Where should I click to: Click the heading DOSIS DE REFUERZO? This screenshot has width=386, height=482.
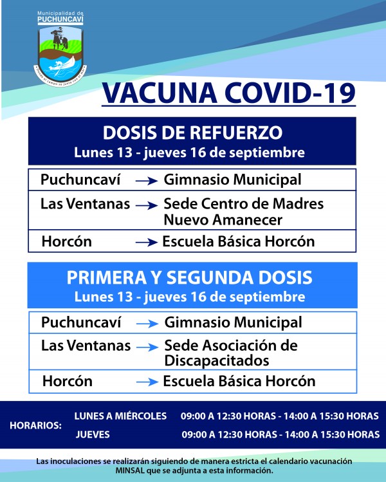192,133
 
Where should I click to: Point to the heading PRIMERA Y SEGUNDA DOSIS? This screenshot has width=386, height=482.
190,277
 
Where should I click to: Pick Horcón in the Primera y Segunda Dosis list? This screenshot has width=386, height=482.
67,381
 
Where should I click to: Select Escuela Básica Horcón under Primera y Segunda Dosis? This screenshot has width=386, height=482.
239,381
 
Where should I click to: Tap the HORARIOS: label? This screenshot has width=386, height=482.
35,425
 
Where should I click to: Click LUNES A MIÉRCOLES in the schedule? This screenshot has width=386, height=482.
120,416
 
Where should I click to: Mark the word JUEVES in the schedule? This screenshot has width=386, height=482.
93,434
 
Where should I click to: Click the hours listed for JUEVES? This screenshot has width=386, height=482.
280,434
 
